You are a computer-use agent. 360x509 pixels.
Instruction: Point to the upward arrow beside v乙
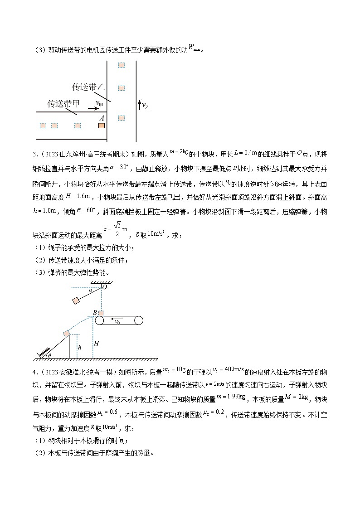tap(139, 106)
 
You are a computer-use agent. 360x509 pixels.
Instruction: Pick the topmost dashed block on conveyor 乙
tap(121, 65)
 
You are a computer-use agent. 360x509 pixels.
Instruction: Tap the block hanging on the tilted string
tap(76, 301)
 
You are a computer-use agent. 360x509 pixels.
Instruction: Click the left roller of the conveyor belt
tap(100, 320)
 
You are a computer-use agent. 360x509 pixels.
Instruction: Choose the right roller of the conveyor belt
tap(138, 320)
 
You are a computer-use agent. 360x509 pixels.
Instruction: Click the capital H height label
tap(96, 344)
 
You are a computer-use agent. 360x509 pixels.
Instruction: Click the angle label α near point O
tap(90, 291)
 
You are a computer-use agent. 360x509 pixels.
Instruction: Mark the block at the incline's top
tap(67, 333)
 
